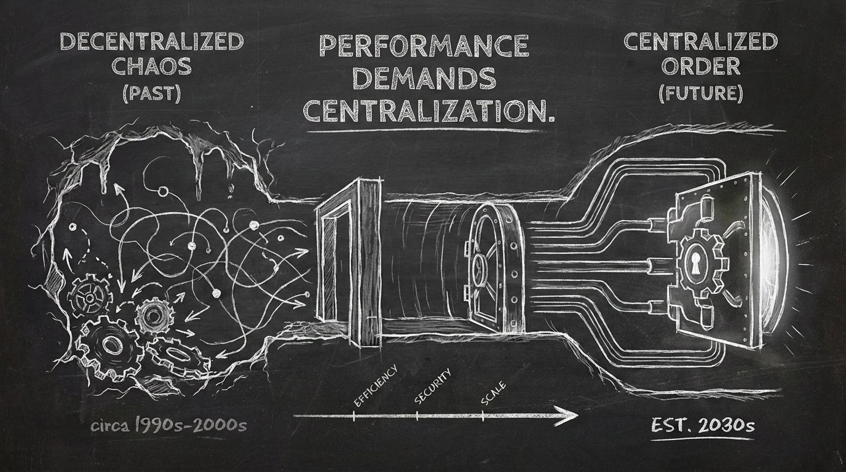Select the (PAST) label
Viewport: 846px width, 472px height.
coord(151,94)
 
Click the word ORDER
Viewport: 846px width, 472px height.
coord(700,68)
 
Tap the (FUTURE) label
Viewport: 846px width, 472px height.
coord(700,93)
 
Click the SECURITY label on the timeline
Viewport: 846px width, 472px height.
coord(433,385)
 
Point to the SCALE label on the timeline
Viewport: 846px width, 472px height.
coord(493,393)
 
